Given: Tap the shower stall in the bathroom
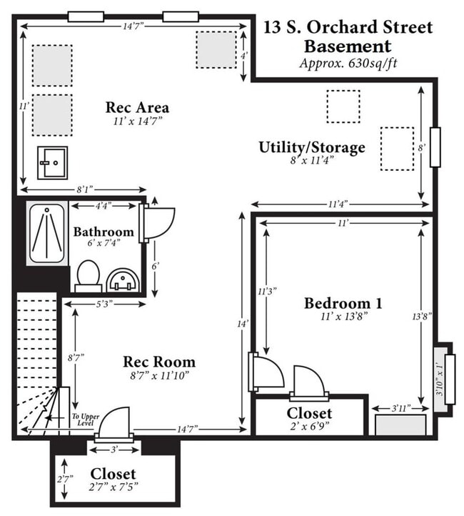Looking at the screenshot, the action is pos(47,233).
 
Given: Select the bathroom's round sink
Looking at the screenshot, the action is pos(123,280).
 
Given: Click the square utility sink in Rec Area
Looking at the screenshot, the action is pos(52,163).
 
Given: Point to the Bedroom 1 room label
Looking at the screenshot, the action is pos(343,303).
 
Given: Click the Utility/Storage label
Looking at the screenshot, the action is pos(312,147).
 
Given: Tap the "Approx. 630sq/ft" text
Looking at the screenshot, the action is pos(348,63).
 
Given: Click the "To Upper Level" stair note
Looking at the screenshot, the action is pos(86,420).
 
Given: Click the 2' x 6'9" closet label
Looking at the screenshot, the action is pos(310,426).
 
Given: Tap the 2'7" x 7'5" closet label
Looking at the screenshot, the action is pos(113,487).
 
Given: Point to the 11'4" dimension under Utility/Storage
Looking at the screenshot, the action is pos(338,204).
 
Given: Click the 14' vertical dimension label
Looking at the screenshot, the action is pos(242,324).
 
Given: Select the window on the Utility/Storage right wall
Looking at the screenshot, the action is pos(435,147).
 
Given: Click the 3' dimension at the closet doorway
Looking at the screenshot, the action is pos(114,450).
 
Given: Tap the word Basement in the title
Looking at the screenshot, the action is pos(348,46).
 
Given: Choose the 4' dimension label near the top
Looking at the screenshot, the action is pos(243,56).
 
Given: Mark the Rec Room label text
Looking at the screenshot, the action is pos(159,362).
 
